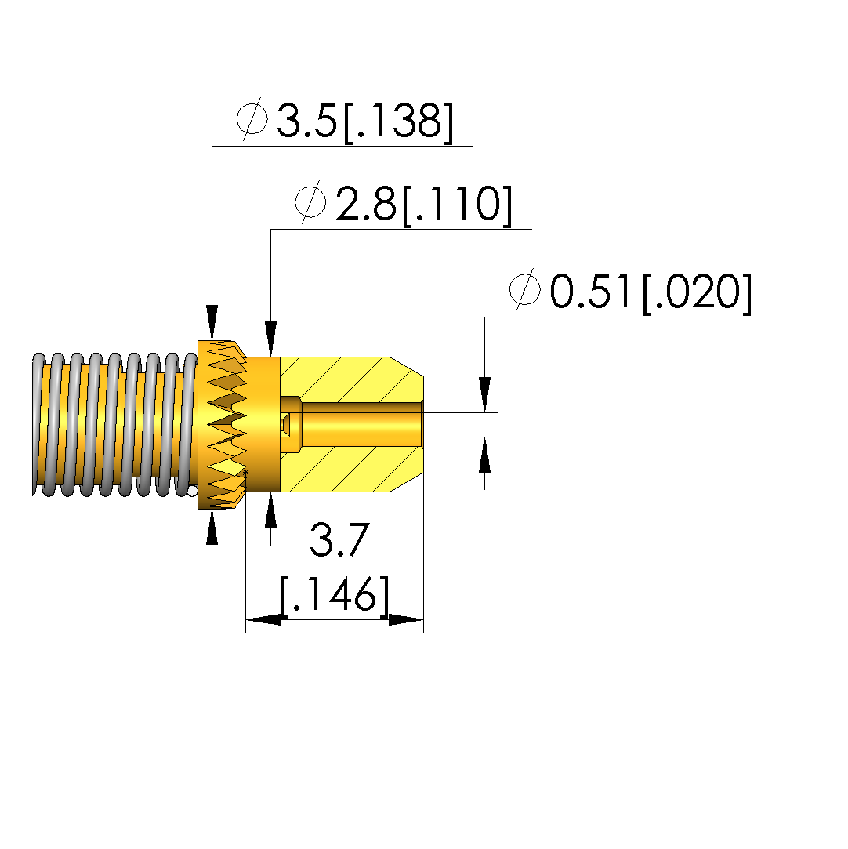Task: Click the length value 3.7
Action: pos(340,540)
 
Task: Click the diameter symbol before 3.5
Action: pos(252,118)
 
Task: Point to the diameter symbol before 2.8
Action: pos(310,201)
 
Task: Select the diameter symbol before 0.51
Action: pos(525,289)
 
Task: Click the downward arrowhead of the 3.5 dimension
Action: pos(212,323)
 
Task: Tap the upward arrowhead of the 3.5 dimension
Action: pos(212,526)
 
